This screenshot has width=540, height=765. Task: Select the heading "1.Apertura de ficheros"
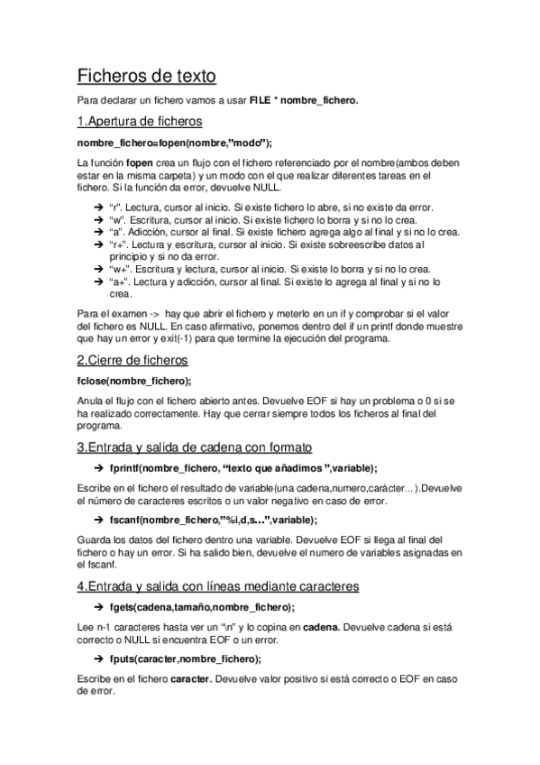point(139,121)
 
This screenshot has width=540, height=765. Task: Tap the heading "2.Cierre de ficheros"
point(133,359)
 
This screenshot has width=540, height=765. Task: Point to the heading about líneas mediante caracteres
point(217,585)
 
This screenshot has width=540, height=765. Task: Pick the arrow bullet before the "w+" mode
point(98,270)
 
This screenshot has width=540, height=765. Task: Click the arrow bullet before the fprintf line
point(98,468)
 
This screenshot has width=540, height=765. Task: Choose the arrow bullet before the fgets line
point(98,607)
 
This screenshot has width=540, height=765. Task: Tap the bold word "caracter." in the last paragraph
point(199,677)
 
